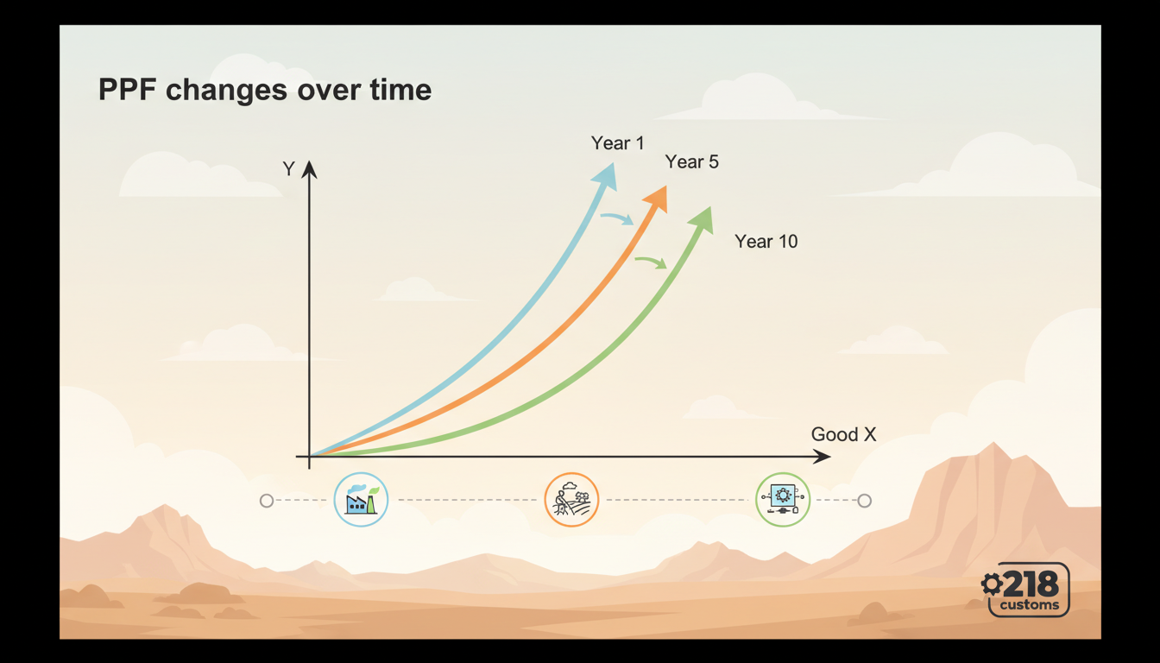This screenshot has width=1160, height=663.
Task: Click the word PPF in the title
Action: pos(130,89)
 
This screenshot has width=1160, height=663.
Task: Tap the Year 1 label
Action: pos(617,143)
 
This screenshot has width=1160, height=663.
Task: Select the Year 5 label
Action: pos(691,162)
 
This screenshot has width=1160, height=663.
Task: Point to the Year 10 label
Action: pos(766,242)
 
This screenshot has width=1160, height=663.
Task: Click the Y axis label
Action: pos(289,169)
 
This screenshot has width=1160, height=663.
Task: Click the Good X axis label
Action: pos(843,435)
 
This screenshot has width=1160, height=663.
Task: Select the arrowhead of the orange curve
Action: pos(658,198)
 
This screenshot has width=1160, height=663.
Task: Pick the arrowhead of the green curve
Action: pos(703,219)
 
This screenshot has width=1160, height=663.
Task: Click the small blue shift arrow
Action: pos(617,219)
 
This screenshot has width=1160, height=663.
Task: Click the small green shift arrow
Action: pos(652,262)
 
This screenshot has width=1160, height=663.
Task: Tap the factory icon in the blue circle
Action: pos(361,500)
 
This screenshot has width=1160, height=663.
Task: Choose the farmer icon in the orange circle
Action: pos(571,500)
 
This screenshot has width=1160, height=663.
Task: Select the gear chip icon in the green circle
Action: pos(783,500)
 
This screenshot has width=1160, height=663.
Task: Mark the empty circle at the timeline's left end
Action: pos(267,501)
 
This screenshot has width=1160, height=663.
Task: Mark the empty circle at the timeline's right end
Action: pos(864,501)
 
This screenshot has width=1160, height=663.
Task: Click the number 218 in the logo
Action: pos(1031,584)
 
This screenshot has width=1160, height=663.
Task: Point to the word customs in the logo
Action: pos(1030,605)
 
